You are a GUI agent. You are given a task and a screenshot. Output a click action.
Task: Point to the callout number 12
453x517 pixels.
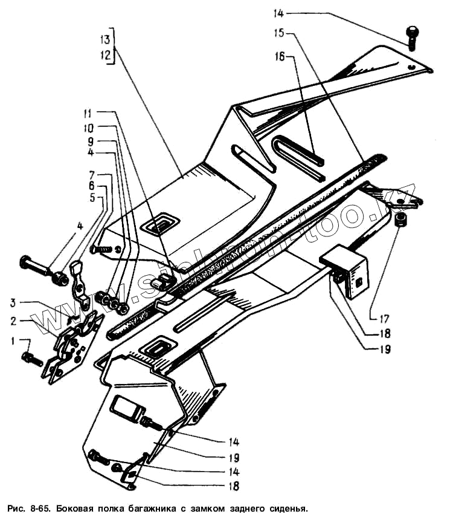(106, 55)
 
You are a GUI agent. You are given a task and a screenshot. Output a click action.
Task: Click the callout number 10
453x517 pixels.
(88, 128)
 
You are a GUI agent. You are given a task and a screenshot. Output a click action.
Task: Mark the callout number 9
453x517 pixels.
(89, 141)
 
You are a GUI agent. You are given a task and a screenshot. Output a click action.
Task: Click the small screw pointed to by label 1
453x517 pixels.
(32, 359)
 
